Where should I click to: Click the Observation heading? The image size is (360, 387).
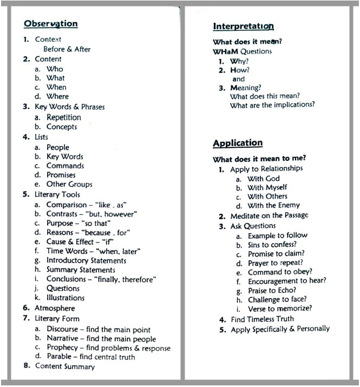coord(51,24)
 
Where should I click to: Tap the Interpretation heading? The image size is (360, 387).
coord(243,27)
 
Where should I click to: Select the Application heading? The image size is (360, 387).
coord(238,143)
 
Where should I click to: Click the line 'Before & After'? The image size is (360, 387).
coord(67,49)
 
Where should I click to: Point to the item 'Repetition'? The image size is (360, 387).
coord(64,117)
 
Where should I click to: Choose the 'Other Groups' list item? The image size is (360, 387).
coord(69,185)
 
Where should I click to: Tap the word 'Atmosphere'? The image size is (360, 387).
coord(55,308)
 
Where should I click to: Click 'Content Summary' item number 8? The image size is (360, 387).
coord(64,366)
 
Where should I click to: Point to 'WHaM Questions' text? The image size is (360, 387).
coord(243,51)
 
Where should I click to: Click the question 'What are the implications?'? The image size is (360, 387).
coord(272,106)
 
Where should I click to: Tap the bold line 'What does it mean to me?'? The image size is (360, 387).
coord(259,159)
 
